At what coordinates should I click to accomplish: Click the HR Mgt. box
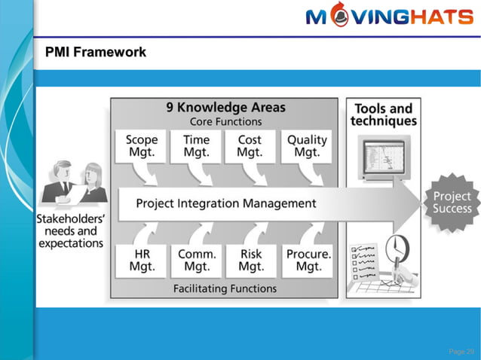click(141, 260)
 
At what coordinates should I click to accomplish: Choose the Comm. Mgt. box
click(197, 260)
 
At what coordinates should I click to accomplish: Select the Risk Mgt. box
click(251, 260)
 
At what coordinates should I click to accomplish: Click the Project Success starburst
click(451, 202)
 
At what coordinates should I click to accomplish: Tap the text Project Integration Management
click(225, 203)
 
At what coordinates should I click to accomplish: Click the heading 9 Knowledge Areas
click(225, 108)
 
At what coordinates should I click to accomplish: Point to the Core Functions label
click(225, 121)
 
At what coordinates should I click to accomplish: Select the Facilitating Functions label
click(225, 288)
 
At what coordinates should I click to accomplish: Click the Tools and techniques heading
click(383, 114)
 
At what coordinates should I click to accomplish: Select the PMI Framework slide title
click(96, 52)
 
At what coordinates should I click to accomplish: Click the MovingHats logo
click(388, 17)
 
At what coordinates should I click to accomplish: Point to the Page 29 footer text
click(461, 351)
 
